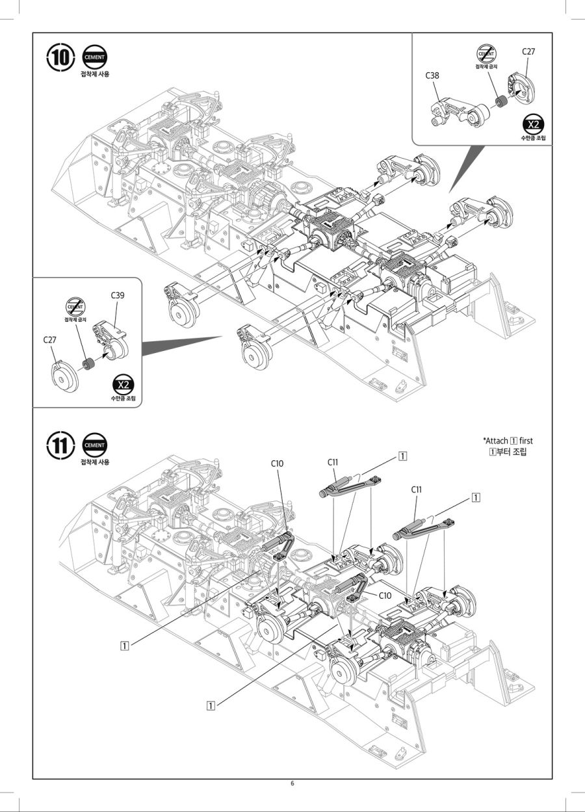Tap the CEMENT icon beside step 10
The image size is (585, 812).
pos(95,57)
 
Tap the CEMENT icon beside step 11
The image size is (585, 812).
pos(95,445)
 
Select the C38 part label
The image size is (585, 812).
pos(432,75)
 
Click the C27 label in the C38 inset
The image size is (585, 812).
pos(528,51)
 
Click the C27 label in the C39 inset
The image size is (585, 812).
pos(50,339)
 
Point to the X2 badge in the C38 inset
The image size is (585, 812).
pos(533,124)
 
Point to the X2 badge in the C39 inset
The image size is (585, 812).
pos(122,384)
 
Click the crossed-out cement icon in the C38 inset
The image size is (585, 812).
pos(486,53)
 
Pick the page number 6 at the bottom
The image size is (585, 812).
pos(292,783)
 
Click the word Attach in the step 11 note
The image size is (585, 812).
pos(496,441)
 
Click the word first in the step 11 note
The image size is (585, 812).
pos(526,441)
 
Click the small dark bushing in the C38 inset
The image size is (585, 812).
pos(500,102)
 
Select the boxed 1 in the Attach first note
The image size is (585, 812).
pos(513,441)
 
